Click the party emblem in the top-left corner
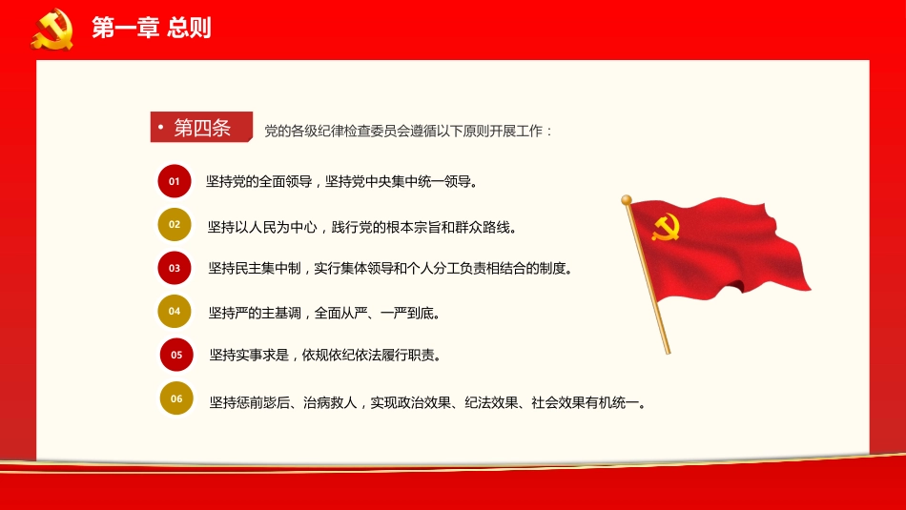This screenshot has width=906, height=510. [51, 29]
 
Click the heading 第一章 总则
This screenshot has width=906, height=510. [151, 29]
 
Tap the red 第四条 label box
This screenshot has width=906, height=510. [201, 128]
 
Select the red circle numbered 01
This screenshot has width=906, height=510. [175, 180]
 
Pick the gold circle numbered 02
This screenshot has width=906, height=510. [175, 225]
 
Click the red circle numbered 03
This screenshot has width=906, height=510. [175, 268]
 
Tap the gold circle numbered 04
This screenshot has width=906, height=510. [175, 311]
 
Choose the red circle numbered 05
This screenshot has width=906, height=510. [176, 355]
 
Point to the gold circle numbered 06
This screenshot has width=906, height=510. [176, 398]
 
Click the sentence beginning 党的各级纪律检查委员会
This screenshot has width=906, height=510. [408, 131]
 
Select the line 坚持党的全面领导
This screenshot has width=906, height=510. [340, 181]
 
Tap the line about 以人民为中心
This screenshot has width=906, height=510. [362, 227]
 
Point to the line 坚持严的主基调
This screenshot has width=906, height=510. [323, 313]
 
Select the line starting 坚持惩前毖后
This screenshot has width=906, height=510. [429, 402]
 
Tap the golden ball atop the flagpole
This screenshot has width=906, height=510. [627, 200]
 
